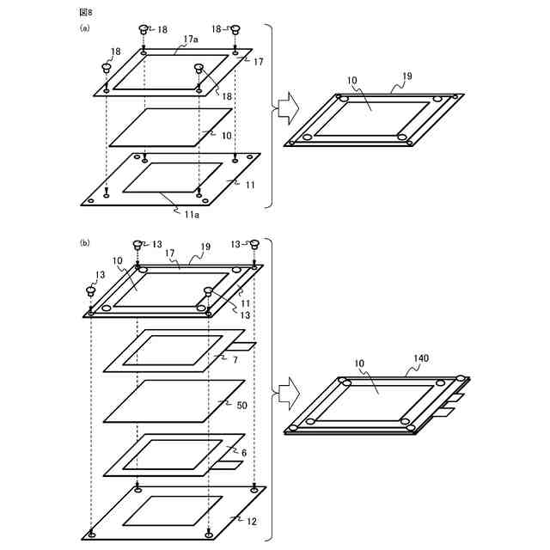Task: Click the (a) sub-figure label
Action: (84, 27)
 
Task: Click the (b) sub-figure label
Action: (84, 243)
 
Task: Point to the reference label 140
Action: (421, 357)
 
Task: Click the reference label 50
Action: (242, 403)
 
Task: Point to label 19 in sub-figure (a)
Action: (406, 76)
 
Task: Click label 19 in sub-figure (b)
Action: (206, 246)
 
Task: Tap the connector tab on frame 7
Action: (244, 347)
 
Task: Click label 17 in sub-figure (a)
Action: (259, 61)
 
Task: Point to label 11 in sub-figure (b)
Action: (243, 304)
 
